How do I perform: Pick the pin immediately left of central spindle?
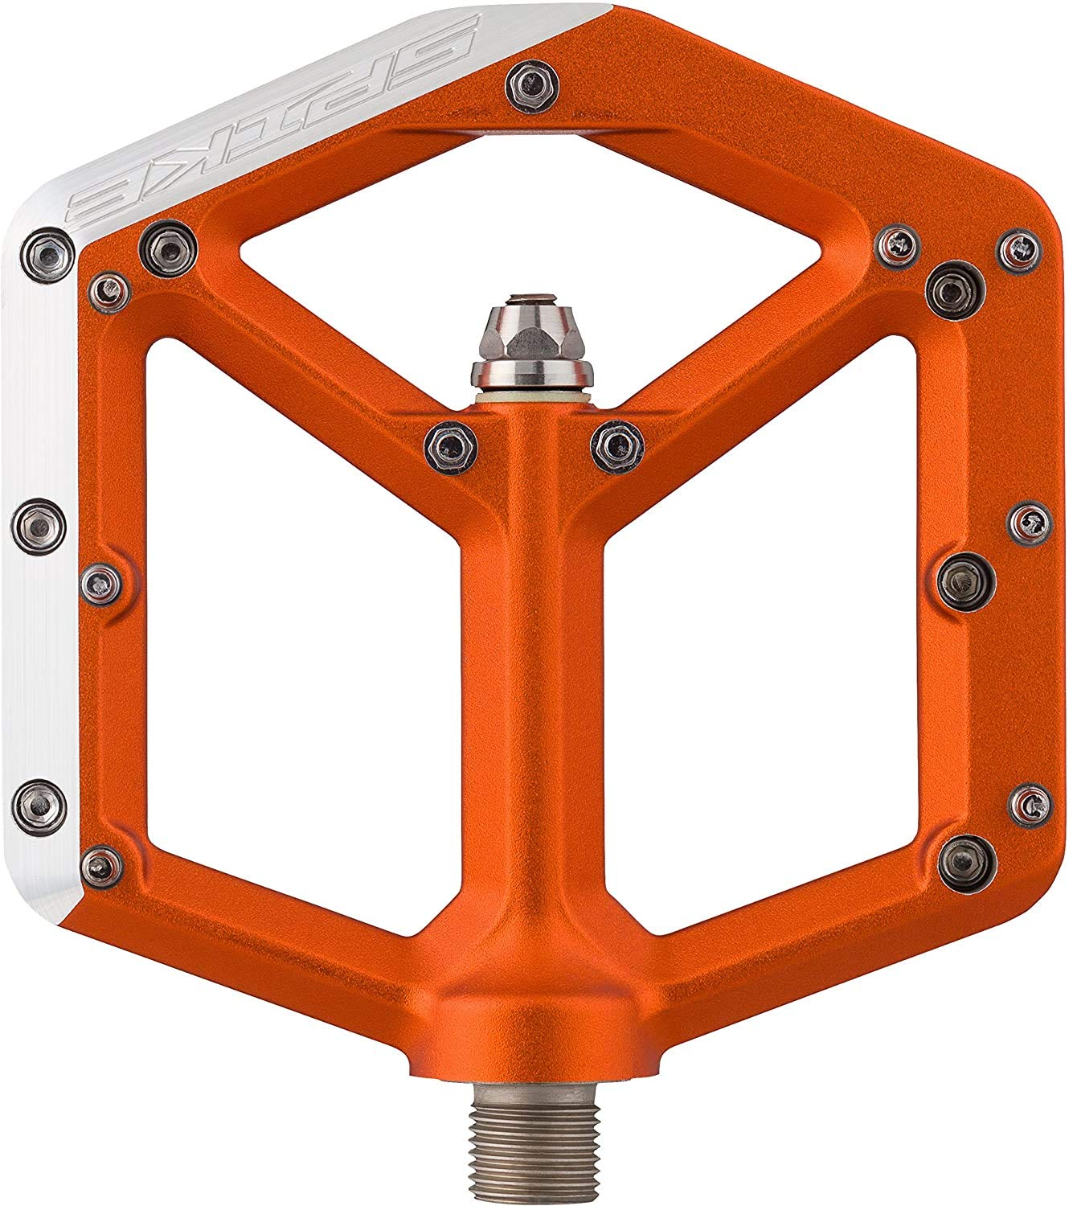click(451, 446)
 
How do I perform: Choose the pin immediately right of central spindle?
click(617, 446)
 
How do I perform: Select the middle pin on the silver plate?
click(39, 526)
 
